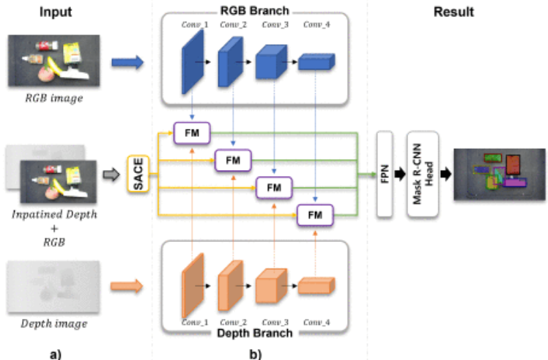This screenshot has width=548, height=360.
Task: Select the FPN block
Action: [384, 174]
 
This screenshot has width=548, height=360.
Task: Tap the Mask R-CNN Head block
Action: [421, 174]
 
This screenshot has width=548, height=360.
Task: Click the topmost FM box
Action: [192, 133]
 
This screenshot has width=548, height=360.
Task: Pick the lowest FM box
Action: [314, 214]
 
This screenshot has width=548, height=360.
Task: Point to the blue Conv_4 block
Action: [316, 65]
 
